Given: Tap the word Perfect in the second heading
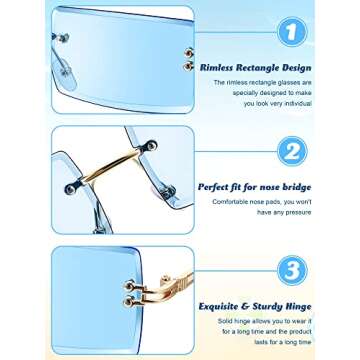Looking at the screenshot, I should click(213, 185).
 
